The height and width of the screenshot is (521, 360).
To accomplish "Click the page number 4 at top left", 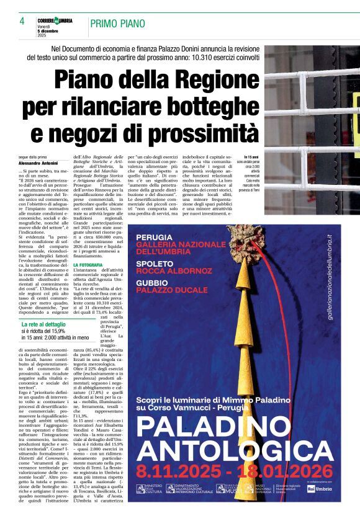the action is (x=22, y=22).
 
